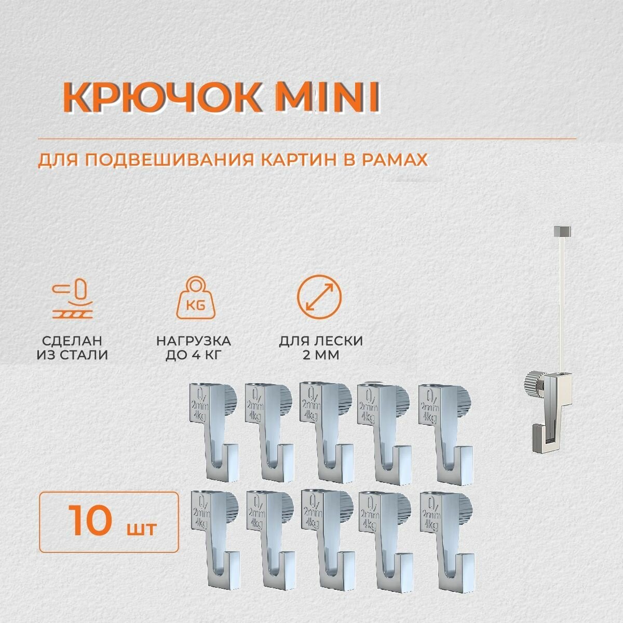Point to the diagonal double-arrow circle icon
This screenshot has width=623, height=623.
pyautogui.click(x=319, y=297)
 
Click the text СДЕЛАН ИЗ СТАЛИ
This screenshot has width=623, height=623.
pyautogui.click(x=73, y=348)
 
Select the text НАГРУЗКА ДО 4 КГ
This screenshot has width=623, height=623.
pyautogui.click(x=194, y=348)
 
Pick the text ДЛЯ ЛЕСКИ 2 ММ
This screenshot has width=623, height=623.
pyautogui.click(x=320, y=348)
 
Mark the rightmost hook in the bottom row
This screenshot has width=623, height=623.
pyautogui.click(x=441, y=540)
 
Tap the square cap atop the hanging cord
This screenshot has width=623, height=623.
pyautogui.click(x=563, y=229)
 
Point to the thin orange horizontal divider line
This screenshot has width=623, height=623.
pyautogui.click(x=306, y=139)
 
